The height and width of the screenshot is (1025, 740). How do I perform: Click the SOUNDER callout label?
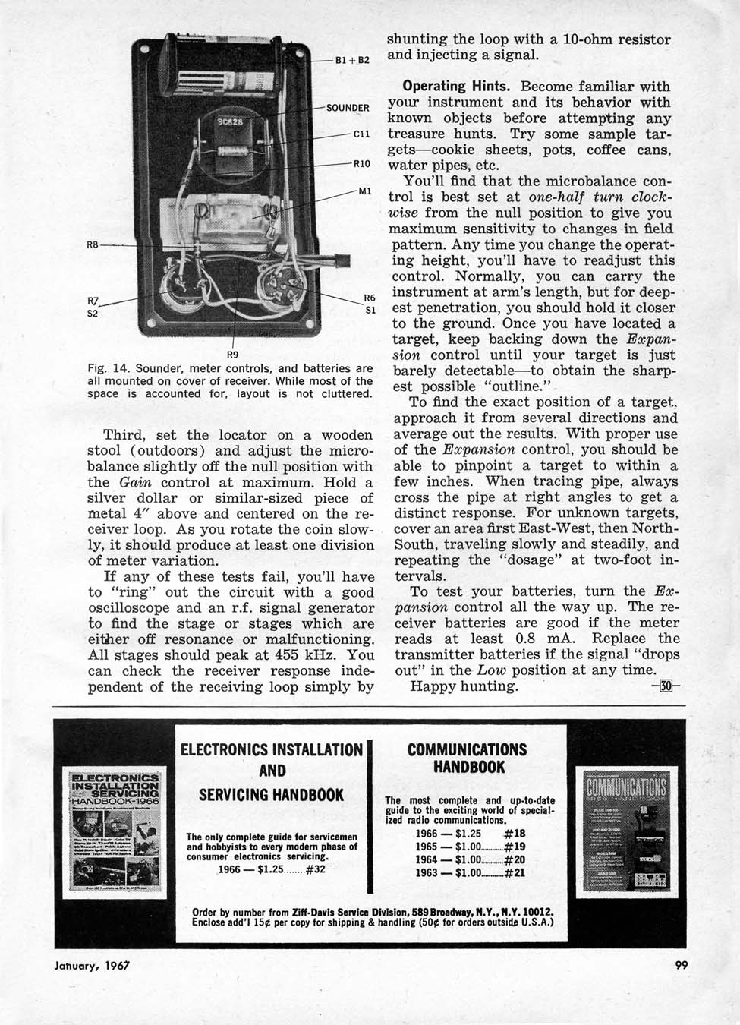[348, 108]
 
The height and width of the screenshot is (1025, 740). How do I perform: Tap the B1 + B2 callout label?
[351, 59]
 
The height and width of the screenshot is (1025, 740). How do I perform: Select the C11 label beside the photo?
[361, 136]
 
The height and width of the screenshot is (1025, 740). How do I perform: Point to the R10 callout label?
[361, 163]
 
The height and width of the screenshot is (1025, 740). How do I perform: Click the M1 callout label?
[364, 191]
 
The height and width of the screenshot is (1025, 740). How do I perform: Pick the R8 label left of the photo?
[93, 245]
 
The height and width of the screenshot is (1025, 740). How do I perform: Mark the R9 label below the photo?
[234, 352]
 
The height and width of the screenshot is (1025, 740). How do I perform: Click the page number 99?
[682, 967]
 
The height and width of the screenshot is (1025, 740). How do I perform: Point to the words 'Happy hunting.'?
[464, 686]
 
